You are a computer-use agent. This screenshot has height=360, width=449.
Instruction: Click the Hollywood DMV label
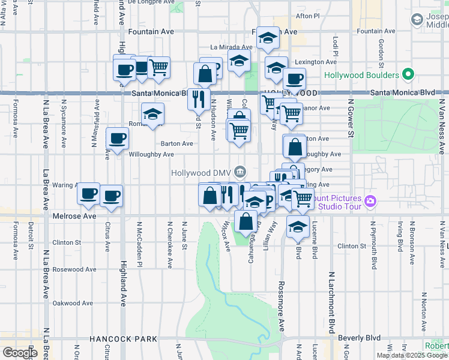click(x=202, y=172)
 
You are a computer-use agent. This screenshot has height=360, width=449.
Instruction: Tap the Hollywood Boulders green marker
click(x=409, y=76)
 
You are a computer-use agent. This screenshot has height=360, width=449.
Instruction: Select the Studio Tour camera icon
click(x=371, y=200)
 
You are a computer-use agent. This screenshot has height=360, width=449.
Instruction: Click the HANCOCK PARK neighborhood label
click(x=123, y=339)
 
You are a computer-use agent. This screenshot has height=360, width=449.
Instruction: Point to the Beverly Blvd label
click(x=360, y=338)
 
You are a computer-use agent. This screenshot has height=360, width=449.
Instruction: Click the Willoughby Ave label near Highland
click(x=151, y=154)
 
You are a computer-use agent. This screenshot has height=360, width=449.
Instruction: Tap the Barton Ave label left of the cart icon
click(x=177, y=143)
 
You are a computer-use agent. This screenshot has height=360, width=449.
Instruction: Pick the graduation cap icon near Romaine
click(x=153, y=113)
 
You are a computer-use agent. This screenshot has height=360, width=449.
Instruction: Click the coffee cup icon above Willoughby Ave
click(x=117, y=137)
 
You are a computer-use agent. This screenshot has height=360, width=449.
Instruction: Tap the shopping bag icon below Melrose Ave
click(x=246, y=221)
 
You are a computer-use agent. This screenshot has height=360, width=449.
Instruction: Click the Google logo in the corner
click(x=20, y=352)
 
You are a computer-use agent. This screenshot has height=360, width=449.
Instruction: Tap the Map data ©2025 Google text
click(x=411, y=355)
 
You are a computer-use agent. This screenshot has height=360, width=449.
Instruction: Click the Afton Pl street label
click(x=309, y=16)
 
